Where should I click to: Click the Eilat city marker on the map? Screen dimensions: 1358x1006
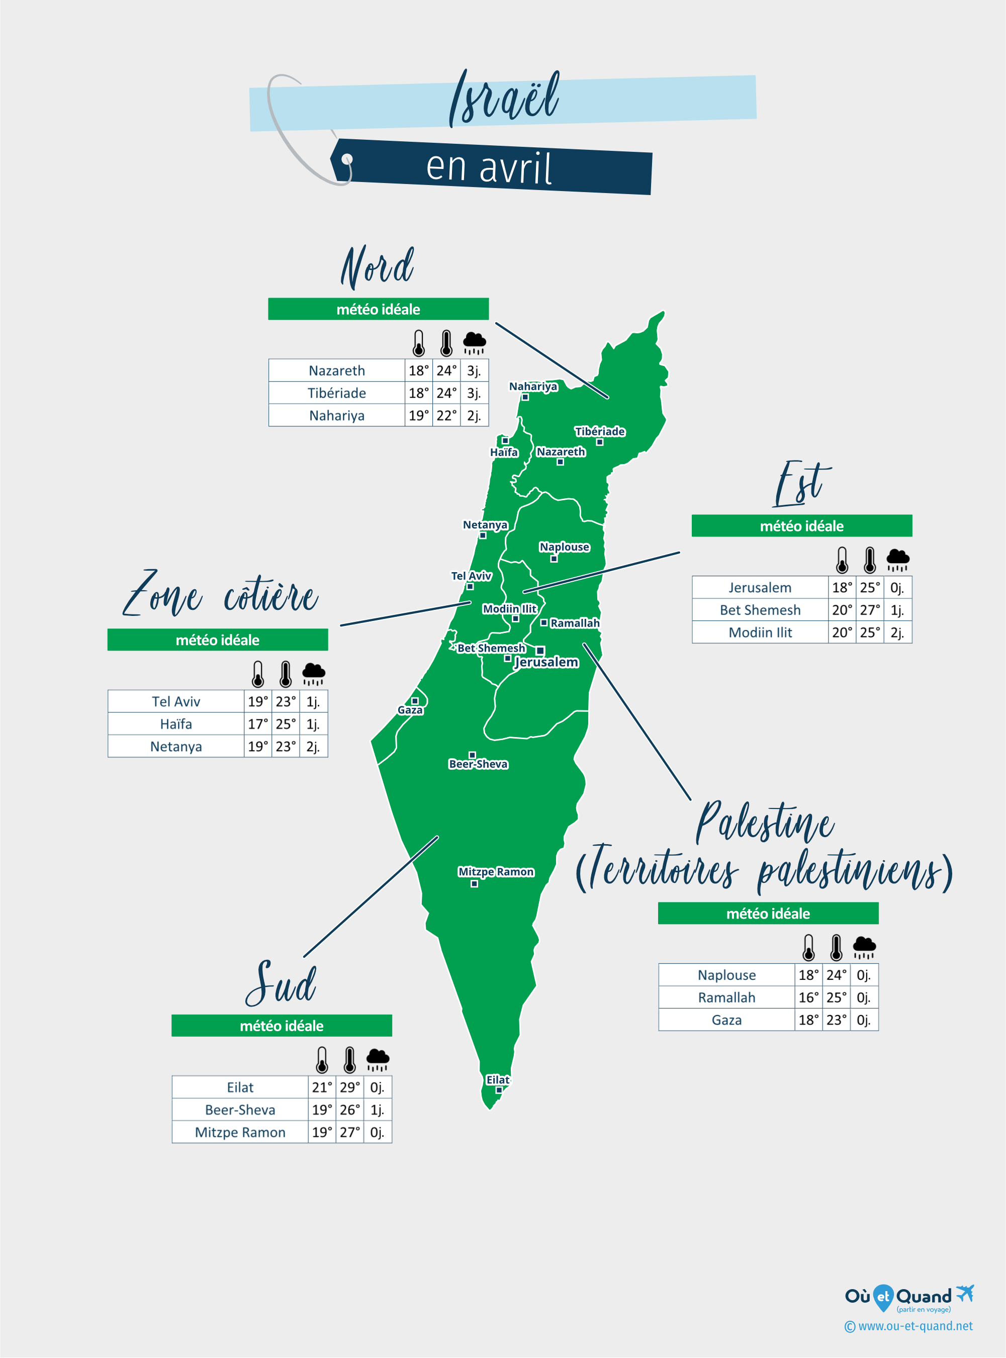coord(499,1090)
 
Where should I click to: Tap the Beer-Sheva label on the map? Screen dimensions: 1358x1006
coord(478,764)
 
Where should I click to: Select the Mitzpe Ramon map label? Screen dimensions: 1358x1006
coord(496,871)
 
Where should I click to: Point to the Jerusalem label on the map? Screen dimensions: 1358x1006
coord(546,662)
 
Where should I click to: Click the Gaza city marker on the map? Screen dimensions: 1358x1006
coord(415,701)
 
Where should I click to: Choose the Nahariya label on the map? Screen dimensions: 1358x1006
coord(533,386)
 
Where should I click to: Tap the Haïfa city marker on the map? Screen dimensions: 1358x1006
coord(505,441)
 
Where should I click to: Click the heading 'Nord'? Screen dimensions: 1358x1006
coord(378,267)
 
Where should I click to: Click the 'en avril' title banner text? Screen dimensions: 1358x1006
coord(489,167)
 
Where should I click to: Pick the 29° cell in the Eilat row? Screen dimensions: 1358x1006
coord(349,1087)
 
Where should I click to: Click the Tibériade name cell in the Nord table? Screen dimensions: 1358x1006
coord(337,393)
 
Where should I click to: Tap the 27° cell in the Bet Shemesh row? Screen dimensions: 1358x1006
coord(870,609)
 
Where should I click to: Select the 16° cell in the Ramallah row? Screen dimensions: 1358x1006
coord(808,998)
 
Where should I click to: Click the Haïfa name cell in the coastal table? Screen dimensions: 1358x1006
coord(176,724)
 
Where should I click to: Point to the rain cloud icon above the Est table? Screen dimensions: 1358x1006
coord(897,559)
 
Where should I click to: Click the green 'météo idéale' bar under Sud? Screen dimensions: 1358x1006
coord(282,1026)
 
